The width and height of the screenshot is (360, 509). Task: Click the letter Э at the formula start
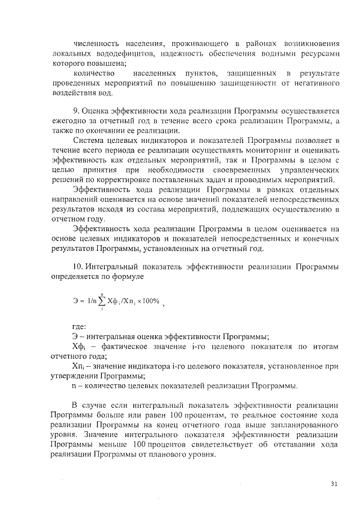click(x=76, y=301)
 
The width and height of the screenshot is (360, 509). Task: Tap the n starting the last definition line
click(x=74, y=386)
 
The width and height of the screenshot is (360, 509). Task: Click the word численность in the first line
click(x=95, y=43)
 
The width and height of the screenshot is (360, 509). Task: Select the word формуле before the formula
click(x=127, y=276)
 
